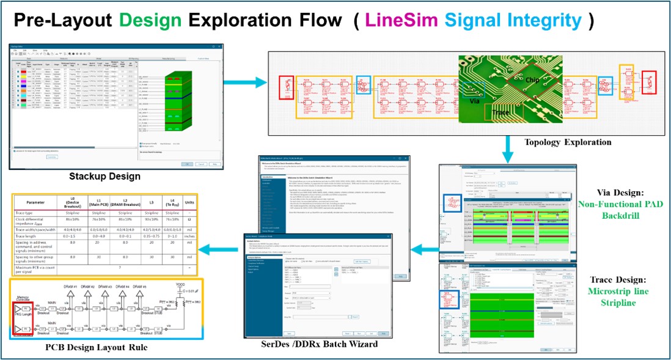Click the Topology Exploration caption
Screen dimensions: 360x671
(x=568, y=142)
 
